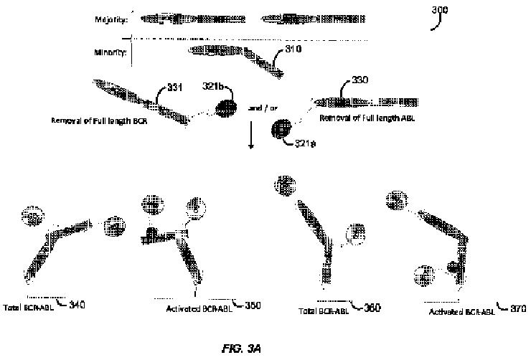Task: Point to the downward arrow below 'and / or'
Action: (251, 137)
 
